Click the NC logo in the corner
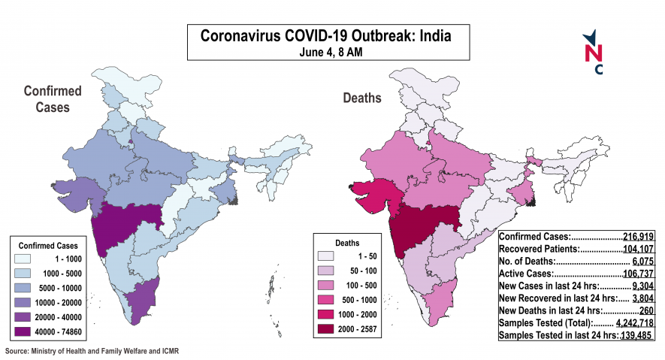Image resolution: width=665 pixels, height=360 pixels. click(594, 53)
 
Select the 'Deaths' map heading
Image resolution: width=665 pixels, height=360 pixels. click(362, 98)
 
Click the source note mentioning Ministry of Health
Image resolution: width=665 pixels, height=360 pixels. click(92, 351)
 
